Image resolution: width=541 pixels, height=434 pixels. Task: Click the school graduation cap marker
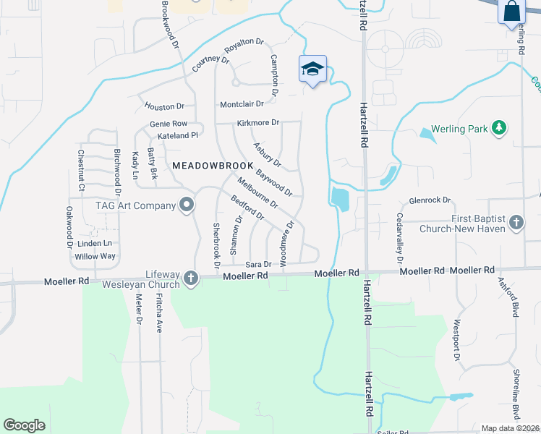click(x=312, y=69)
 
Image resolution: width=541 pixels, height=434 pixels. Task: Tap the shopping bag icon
click(x=511, y=12)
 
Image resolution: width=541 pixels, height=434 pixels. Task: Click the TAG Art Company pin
click(x=187, y=205)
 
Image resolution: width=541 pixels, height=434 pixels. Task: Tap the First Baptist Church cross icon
click(x=516, y=223)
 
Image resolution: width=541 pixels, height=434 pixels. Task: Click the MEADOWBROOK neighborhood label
click(x=213, y=166)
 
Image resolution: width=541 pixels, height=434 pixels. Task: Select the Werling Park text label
click(x=460, y=129)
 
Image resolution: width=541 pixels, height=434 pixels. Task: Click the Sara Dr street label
click(x=258, y=265)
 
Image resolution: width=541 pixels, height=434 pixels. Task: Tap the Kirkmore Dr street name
click(x=257, y=123)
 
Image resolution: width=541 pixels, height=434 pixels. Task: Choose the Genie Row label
click(x=169, y=124)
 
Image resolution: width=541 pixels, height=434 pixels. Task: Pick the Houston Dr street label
click(x=165, y=106)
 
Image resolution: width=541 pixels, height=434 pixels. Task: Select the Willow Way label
click(x=95, y=256)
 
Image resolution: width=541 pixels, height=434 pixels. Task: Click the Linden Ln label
click(x=95, y=244)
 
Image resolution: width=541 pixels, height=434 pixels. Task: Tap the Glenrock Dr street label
click(x=430, y=200)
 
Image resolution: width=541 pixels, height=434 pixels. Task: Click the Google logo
click(x=24, y=425)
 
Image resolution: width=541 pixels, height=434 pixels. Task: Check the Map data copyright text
click(x=510, y=428)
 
